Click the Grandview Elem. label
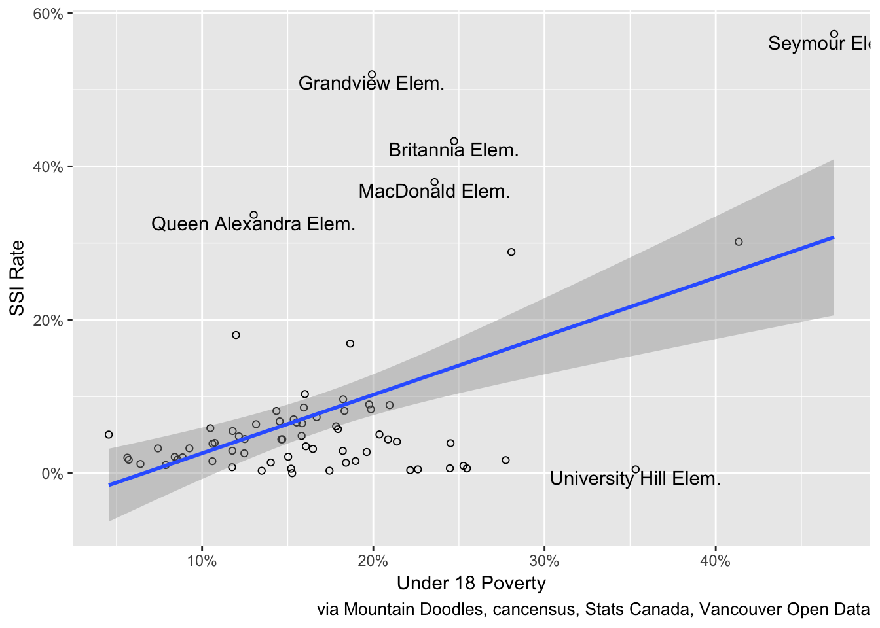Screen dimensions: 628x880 pos(371,84)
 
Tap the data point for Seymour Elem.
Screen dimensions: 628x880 pos(834,34)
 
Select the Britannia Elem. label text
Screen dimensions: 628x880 pos(454,150)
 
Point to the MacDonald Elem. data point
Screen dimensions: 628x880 pos(434,183)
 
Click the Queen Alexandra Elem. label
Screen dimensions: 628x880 pos(253,224)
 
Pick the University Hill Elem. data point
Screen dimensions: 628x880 pos(635,470)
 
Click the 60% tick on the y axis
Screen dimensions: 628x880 pos(48,14)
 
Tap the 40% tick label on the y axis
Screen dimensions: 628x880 pos(48,167)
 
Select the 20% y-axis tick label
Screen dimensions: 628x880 pos(48,321)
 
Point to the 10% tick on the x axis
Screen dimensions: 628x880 pos(202,561)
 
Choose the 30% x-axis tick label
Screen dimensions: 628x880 pos(544,561)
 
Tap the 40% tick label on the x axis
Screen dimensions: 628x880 pos(715,561)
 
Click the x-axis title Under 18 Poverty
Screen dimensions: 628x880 pos(471,584)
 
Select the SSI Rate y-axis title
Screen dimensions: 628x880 pos(17,278)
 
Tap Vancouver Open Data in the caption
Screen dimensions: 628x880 pos(784,610)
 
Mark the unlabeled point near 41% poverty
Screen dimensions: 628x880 pos(739,242)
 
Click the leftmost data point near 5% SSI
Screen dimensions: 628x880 pos(109,434)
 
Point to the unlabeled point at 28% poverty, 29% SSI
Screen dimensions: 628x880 pos(511,252)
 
